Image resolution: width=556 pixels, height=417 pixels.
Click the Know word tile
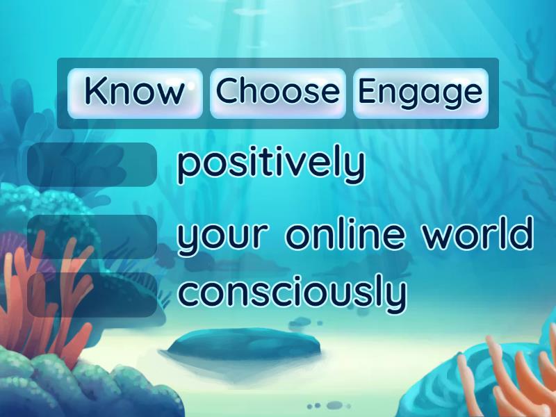click(x=135, y=92)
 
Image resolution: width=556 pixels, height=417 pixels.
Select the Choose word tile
click(x=277, y=92)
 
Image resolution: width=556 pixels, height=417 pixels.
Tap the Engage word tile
click(x=420, y=92)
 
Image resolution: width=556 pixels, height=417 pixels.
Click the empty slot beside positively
click(x=92, y=165)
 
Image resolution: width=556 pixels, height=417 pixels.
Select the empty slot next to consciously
click(x=92, y=295)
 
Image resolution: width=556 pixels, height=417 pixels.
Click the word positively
click(x=270, y=165)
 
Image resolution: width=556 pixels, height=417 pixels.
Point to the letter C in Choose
click(x=227, y=92)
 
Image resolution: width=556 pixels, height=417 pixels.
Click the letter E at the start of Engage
click(x=367, y=92)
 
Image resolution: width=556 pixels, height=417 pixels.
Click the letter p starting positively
click(x=187, y=167)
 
